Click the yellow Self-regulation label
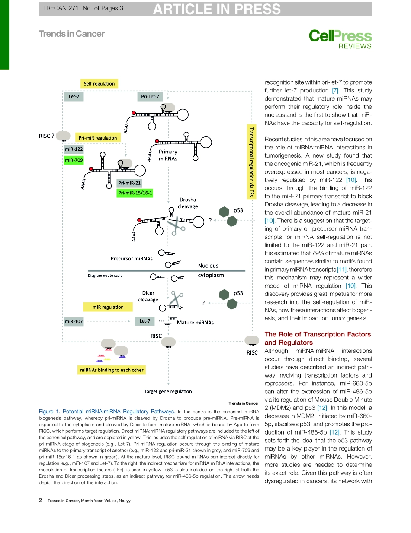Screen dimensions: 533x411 (99, 84)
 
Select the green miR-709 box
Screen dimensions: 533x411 (74, 160)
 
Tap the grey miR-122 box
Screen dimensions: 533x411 (74, 149)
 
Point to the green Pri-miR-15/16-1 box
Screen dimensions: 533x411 (135, 193)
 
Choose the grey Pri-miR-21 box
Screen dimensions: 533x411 (130, 183)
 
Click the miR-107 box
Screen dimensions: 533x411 (74, 321)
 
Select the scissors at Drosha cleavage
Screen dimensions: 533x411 (174, 226)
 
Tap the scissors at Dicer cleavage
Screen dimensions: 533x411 (175, 298)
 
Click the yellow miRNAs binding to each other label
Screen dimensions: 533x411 (111, 370)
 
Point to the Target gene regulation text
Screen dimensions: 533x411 (168, 391)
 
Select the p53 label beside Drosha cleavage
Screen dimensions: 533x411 (238, 210)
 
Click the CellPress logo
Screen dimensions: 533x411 (340, 38)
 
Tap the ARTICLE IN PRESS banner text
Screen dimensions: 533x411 (216, 9)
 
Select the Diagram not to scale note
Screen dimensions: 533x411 (105, 276)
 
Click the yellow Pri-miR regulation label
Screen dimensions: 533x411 (97, 138)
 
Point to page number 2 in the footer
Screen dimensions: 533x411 (41, 501)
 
